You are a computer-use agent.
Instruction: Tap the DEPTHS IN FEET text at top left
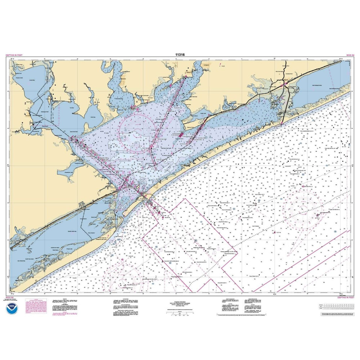pyautogui.click(x=14, y=55)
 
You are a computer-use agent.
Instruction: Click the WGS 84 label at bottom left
pyautogui.click(x=11, y=298)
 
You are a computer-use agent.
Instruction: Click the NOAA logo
pyautogui.click(x=12, y=309)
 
